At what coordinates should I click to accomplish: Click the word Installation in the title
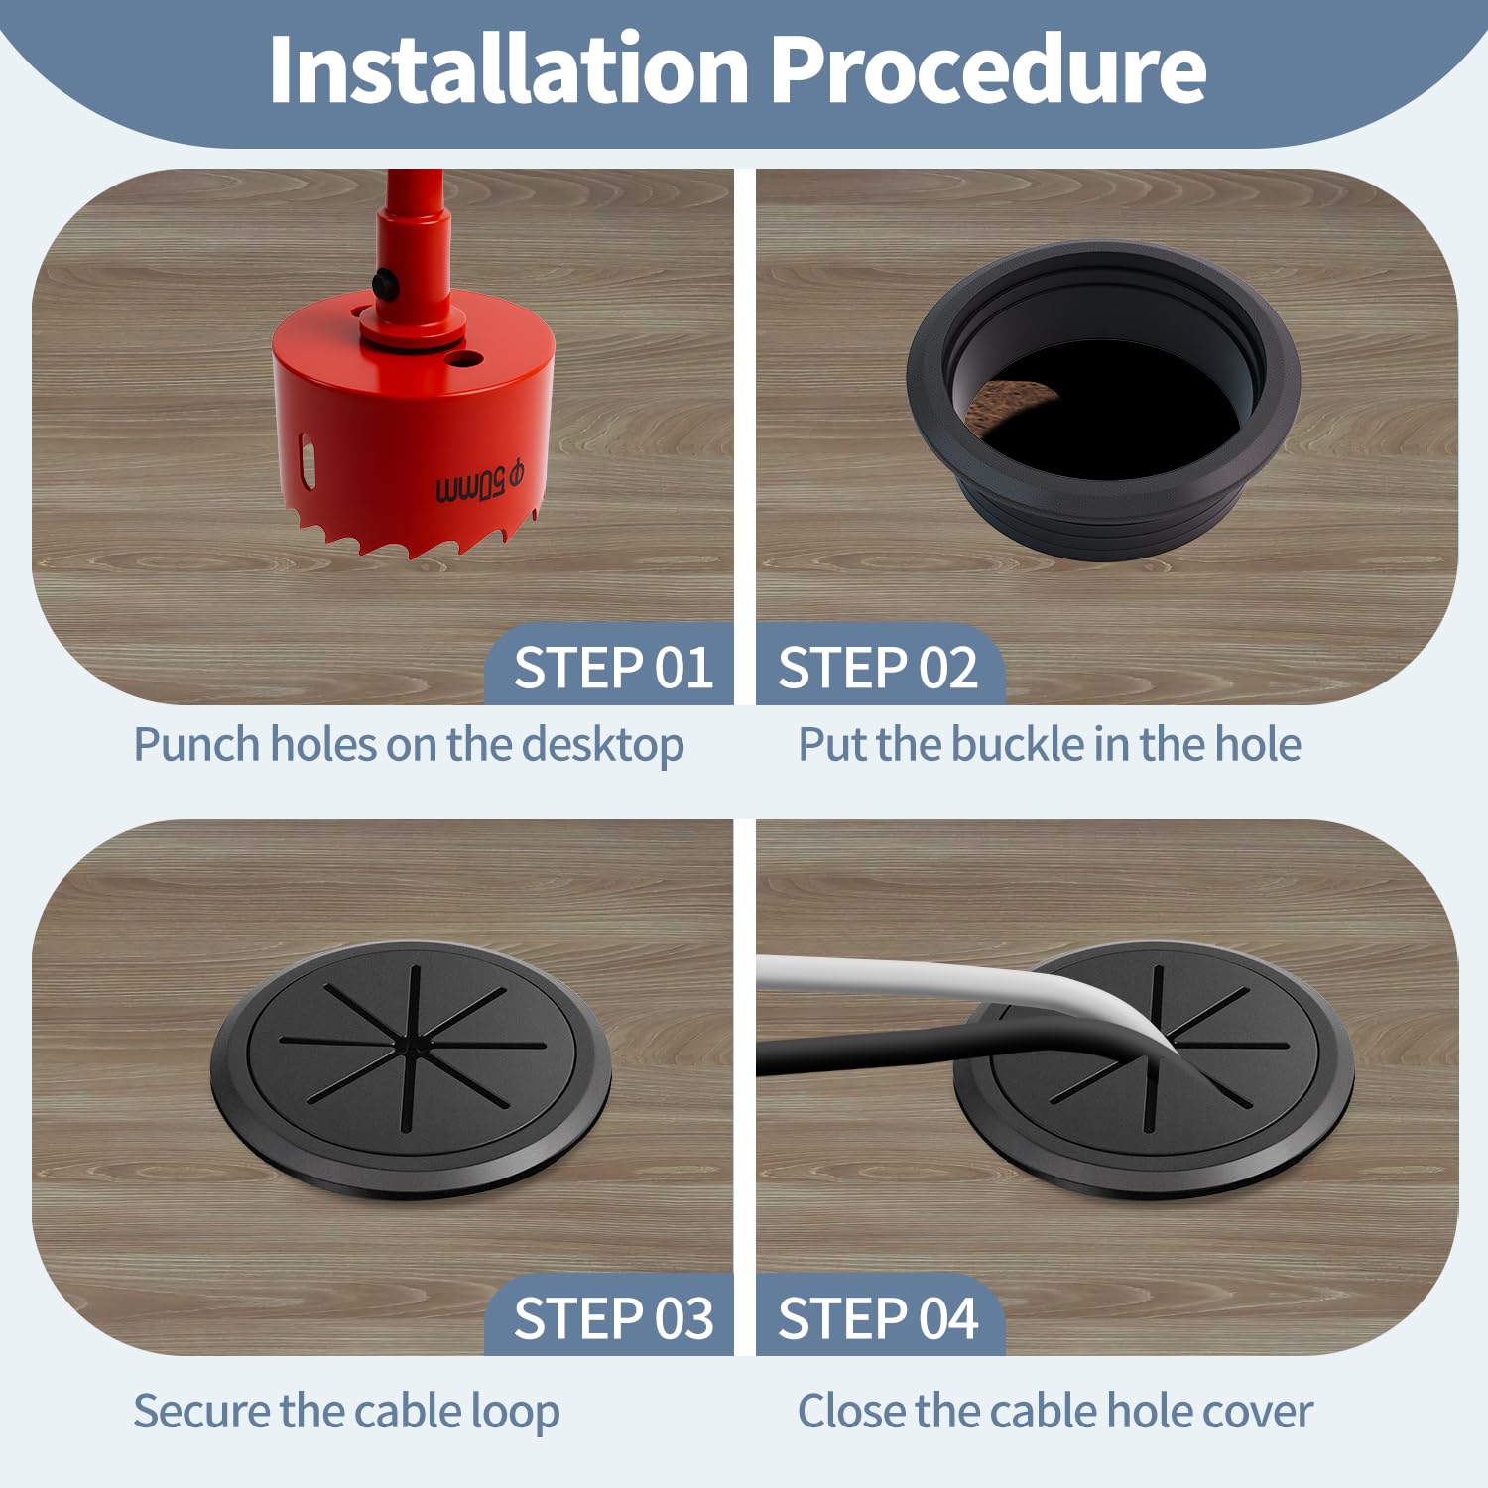pos(508,68)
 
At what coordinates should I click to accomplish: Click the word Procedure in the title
pos(988,68)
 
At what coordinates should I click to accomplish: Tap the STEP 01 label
pos(613,667)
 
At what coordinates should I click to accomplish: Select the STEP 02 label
pos(878,667)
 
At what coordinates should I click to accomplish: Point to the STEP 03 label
pos(613,1318)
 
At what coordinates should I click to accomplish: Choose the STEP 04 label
pos(878,1318)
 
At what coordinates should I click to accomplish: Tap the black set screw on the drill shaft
pos(387,286)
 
